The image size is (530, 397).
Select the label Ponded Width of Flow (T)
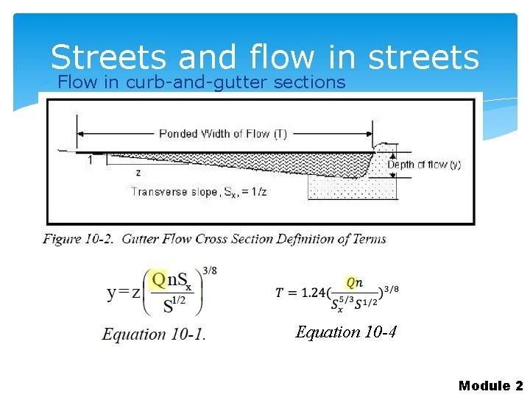[222, 134]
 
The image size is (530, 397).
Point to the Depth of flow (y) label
[424, 165]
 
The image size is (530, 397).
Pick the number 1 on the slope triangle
[90, 160]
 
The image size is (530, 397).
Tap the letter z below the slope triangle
[137, 173]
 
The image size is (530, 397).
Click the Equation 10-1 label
[154, 335]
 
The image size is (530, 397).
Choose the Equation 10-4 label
[346, 332]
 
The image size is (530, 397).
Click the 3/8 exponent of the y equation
[210, 271]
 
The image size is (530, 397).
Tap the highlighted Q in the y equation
[158, 280]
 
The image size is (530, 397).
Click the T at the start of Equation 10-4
[280, 293]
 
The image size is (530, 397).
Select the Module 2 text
[490, 386]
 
